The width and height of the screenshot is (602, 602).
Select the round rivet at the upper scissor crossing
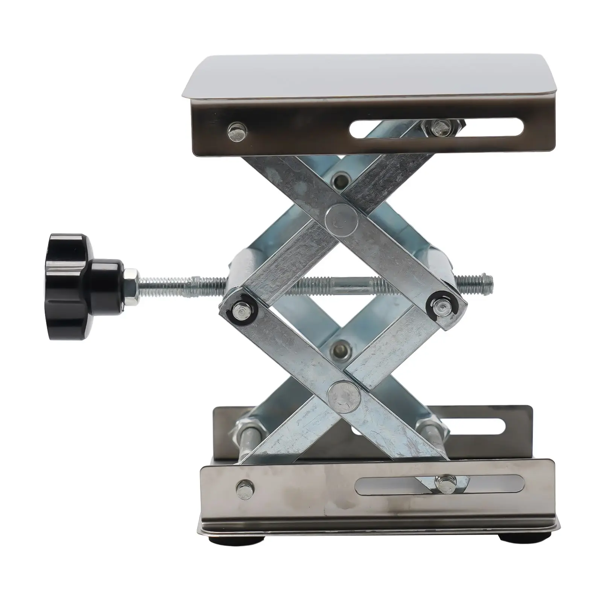(x=342, y=221)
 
